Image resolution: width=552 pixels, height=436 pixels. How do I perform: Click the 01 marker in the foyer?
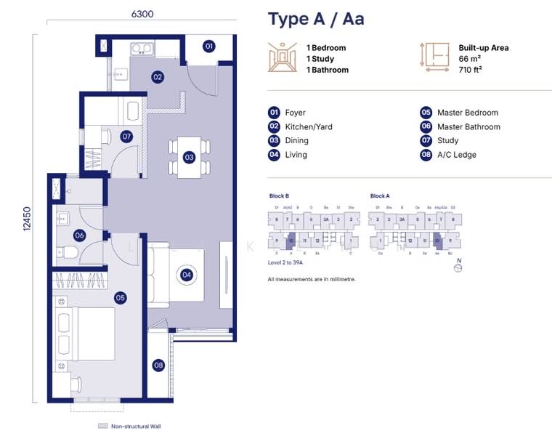click(x=208, y=47)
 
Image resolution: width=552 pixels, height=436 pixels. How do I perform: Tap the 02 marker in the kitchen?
click(x=157, y=76)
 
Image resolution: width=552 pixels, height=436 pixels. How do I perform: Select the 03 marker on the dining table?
click(x=189, y=157)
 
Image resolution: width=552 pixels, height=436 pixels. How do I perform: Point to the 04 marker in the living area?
click(x=187, y=275)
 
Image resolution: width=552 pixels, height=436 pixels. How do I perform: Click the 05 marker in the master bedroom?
click(x=121, y=297)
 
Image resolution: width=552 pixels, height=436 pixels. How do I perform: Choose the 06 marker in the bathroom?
click(x=80, y=235)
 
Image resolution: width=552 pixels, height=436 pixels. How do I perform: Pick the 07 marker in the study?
click(x=126, y=136)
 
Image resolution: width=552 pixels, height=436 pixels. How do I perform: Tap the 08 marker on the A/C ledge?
click(x=158, y=366)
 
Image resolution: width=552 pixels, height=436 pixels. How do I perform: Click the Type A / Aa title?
click(x=316, y=19)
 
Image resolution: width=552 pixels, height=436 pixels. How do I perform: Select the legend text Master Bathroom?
click(x=468, y=126)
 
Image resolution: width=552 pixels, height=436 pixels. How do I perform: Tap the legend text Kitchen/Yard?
click(x=308, y=126)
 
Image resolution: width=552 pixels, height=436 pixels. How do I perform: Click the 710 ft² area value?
click(x=471, y=70)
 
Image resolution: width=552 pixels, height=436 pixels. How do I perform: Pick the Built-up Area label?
click(x=483, y=48)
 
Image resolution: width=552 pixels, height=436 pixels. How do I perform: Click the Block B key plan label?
click(x=280, y=196)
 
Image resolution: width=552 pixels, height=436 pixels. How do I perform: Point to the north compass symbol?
click(x=457, y=267)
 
